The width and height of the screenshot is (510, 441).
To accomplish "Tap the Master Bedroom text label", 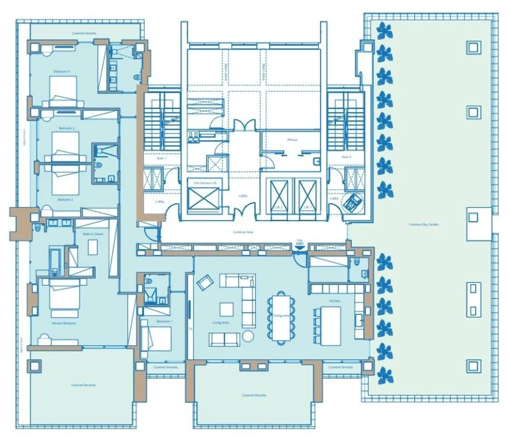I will coord(65,323).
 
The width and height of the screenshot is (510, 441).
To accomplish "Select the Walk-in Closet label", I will coord(93,234).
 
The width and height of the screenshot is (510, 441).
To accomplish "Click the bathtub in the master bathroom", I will coord(55,260).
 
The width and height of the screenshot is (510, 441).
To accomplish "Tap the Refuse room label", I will coord(292,139).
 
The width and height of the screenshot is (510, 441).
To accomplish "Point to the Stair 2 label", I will coord(345,157).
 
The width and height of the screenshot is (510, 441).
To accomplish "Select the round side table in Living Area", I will coord(248,336).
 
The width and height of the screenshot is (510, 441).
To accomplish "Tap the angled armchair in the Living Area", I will coord(203,282).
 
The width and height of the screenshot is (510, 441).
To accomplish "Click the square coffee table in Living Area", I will coord(226,309).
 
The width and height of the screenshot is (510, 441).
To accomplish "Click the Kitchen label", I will coord(335,301).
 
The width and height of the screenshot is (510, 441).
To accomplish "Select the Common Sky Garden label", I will coord(424,224).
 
